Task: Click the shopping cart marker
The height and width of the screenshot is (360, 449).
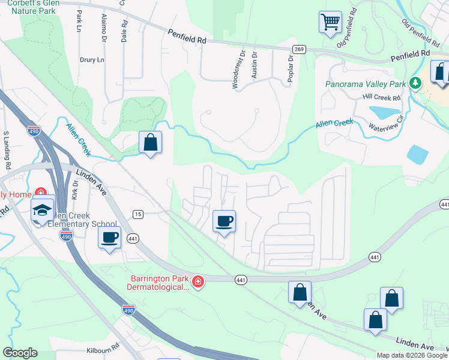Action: [330, 23]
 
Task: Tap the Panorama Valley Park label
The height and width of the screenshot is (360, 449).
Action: [366, 84]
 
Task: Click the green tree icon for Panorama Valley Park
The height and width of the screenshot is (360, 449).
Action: [414, 83]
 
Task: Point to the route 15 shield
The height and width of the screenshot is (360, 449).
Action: [138, 214]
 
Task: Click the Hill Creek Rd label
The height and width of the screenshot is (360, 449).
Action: [381, 97]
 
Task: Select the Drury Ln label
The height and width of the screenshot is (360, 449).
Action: [92, 60]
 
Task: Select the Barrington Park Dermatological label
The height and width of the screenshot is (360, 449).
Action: [160, 283]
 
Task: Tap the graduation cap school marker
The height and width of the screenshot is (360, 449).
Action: [43, 209]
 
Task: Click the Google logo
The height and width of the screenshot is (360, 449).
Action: [20, 352]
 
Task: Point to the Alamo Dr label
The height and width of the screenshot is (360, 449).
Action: [104, 25]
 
